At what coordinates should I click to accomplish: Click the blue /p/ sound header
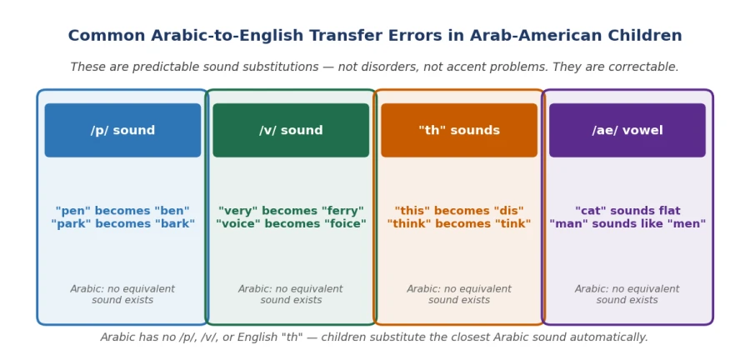(123, 130)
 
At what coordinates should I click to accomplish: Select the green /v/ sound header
(291, 130)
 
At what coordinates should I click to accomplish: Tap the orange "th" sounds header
(459, 130)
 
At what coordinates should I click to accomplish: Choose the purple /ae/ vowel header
(627, 130)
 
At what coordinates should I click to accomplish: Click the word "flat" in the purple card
(669, 211)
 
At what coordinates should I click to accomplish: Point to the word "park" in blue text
(72, 224)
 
